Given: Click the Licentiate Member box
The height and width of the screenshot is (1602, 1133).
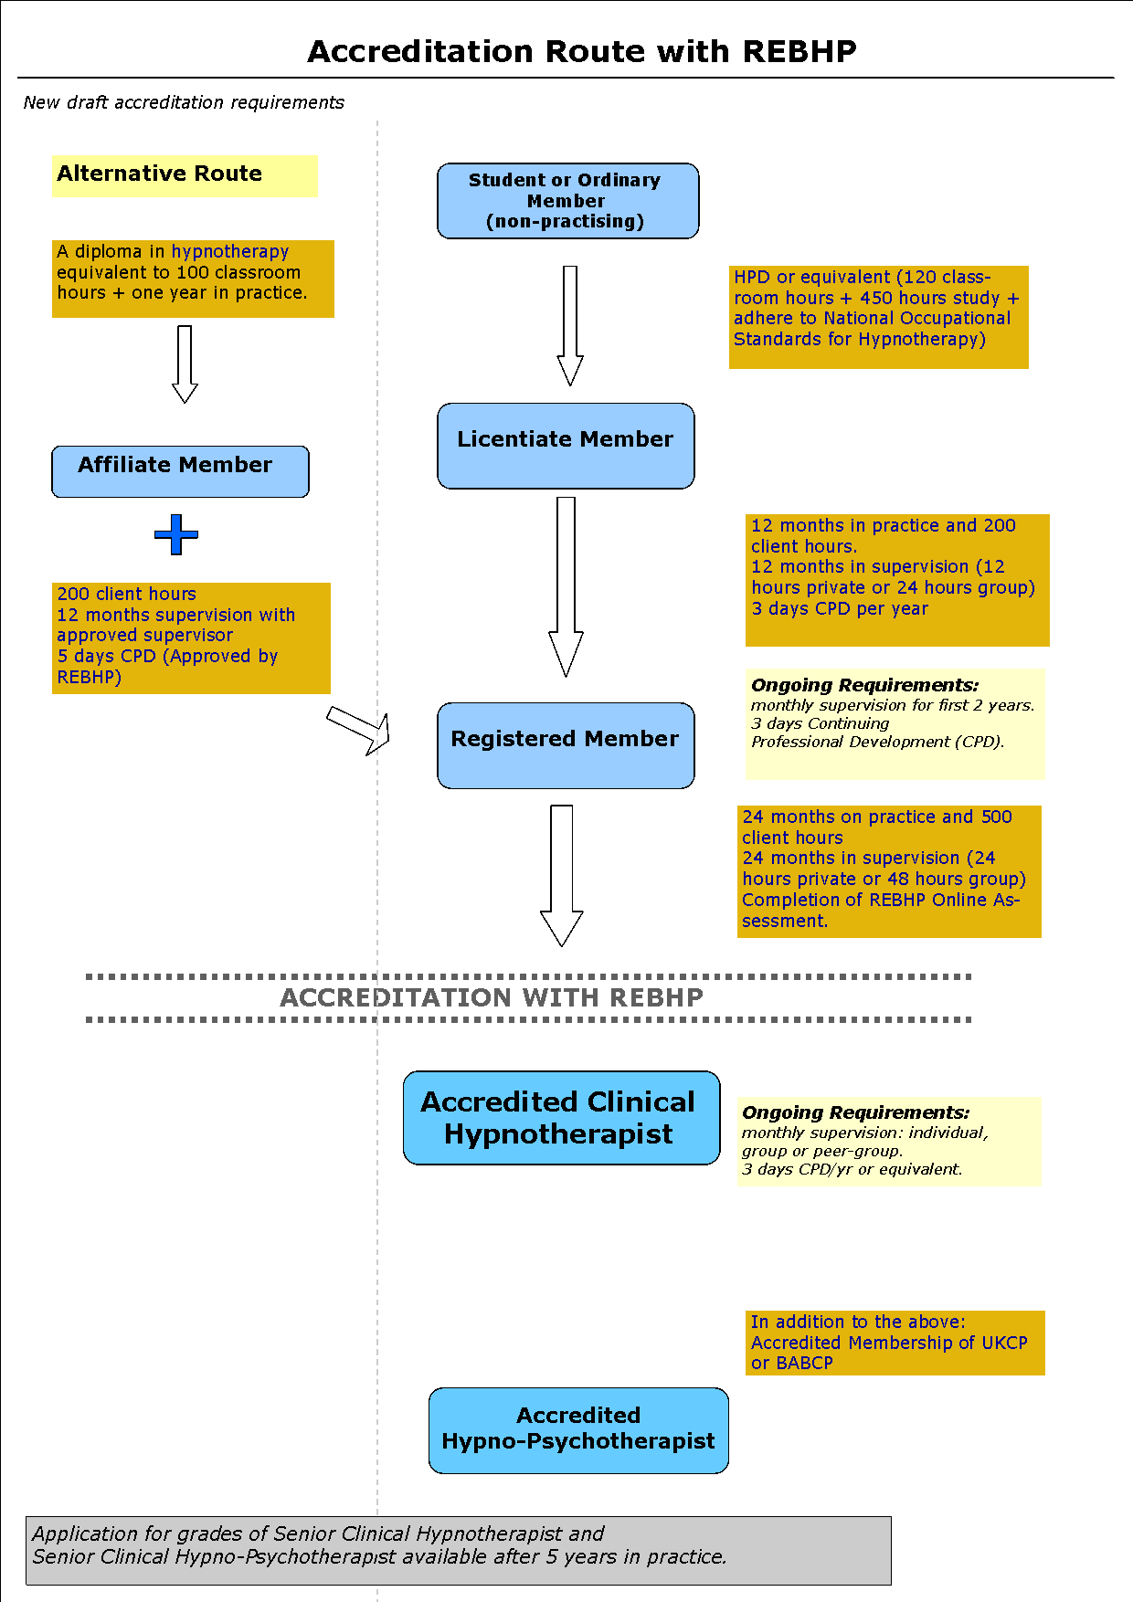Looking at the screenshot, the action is [566, 446].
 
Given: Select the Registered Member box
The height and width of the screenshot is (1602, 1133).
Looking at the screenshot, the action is [566, 745].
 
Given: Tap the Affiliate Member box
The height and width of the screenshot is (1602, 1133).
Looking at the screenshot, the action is [180, 471].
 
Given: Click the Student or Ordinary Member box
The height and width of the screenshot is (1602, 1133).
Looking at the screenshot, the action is [567, 201].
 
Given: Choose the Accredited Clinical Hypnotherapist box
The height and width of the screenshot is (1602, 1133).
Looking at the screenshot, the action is [561, 1118].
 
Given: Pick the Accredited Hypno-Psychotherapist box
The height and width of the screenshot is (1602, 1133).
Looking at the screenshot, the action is [578, 1430].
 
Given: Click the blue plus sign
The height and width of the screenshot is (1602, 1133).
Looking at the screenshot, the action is [176, 534].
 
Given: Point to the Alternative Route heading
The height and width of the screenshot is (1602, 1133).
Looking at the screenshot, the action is [159, 174].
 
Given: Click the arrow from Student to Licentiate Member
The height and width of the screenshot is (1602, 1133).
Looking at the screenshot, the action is [570, 326].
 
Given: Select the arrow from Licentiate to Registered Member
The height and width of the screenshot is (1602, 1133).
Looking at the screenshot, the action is [566, 586].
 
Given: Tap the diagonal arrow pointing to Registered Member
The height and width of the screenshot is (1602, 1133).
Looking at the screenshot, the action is [359, 730].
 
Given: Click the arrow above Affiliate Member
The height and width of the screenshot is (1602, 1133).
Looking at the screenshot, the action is [185, 364].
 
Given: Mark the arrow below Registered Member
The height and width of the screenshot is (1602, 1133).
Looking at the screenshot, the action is [561, 875].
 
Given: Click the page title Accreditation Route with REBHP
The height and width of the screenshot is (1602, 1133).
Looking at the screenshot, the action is [582, 51].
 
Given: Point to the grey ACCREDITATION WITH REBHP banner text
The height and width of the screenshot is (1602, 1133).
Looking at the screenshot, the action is [492, 997].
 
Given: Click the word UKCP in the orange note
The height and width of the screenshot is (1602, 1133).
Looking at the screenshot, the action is [1004, 1343].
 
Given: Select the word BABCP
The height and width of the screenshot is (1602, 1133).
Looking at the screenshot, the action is [804, 1363].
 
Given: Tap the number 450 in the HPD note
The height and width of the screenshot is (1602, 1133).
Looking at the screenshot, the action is [876, 298].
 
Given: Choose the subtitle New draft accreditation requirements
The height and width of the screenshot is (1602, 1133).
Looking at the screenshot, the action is [184, 102].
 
